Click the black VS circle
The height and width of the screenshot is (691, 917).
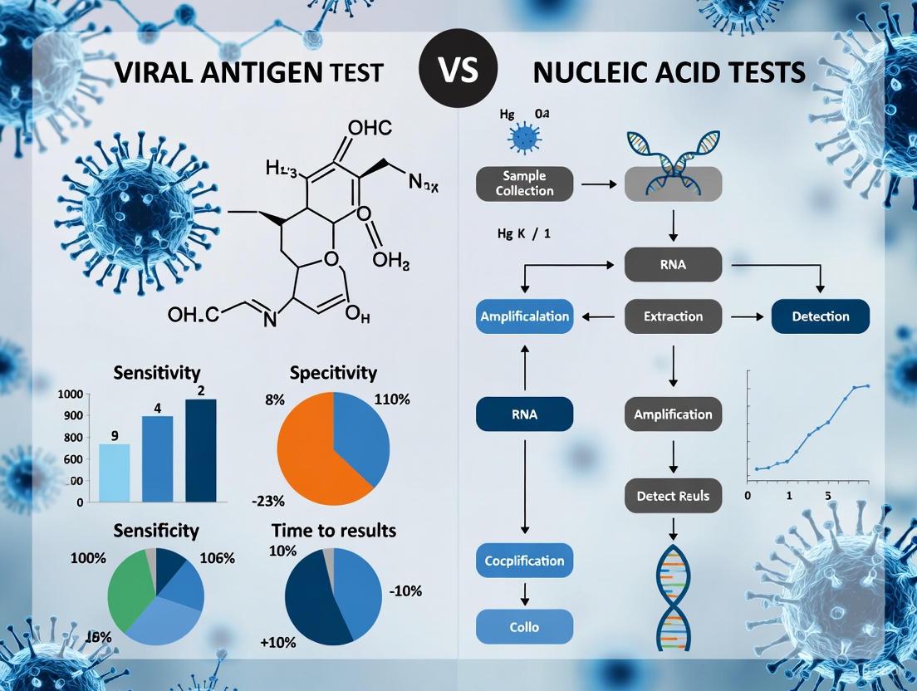click(458, 71)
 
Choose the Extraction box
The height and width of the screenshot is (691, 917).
click(673, 316)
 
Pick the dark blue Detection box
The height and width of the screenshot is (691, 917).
click(820, 316)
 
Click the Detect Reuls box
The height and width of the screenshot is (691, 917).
click(673, 495)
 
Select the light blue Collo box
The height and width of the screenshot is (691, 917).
click(524, 628)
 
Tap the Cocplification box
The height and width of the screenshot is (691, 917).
click(524, 561)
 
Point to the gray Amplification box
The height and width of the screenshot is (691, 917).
click(673, 414)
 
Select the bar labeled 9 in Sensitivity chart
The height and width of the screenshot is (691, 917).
click(114, 472)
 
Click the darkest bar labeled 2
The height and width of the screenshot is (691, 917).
click(200, 449)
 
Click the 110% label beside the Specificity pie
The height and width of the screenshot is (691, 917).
click(392, 399)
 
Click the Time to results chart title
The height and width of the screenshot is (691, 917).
click(334, 530)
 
